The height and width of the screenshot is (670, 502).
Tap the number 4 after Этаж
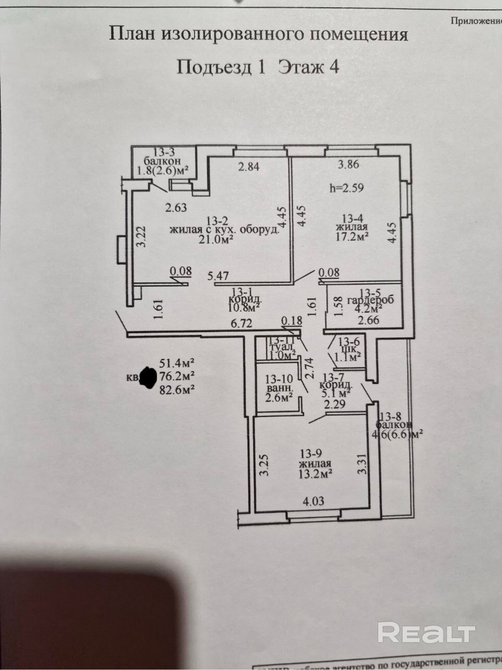(334, 67)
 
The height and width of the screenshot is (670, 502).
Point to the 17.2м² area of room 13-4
(352, 237)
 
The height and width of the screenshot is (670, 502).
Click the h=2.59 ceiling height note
(346, 188)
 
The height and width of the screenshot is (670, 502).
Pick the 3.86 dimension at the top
(348, 164)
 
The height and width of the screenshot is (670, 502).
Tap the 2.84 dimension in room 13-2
(249, 166)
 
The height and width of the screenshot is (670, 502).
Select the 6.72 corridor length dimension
(241, 323)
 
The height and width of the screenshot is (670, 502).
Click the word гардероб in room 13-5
(370, 300)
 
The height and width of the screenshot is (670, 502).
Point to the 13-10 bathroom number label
(279, 379)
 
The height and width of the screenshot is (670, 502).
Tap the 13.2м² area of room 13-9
(315, 474)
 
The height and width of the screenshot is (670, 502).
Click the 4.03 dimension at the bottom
(314, 501)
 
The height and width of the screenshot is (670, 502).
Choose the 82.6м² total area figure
(177, 390)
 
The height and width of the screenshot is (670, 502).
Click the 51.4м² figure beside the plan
(177, 363)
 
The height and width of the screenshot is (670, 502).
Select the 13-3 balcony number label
(164, 152)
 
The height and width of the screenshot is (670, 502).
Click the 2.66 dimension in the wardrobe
(368, 320)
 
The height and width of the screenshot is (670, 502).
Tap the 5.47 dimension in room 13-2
(218, 276)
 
